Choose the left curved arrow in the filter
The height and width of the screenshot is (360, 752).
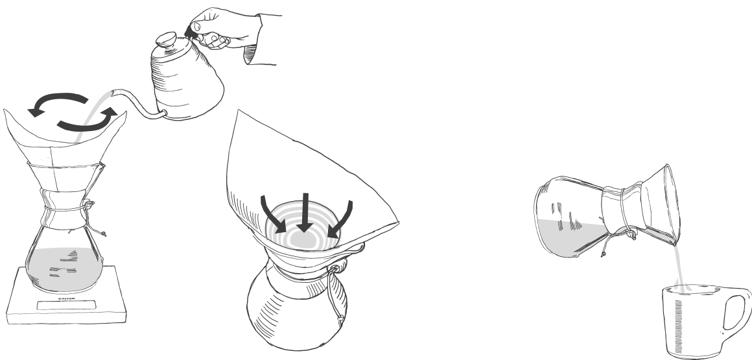pos(273,214)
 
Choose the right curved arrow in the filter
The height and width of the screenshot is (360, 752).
pos(340,217)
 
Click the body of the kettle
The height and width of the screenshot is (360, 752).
pos(185,84)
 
